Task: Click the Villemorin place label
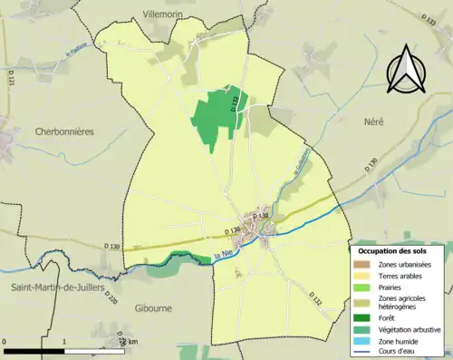tap(163, 15)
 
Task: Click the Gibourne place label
tap(152, 308)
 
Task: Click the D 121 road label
tap(12, 83)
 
